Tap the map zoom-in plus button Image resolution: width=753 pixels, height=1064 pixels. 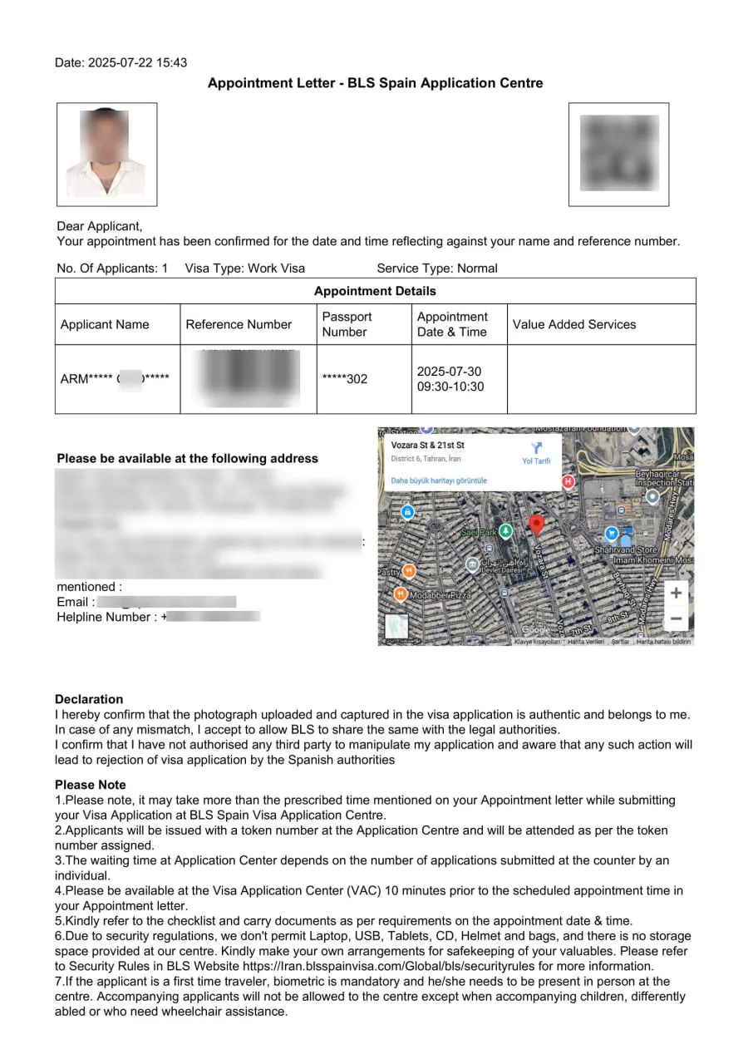pyautogui.click(x=677, y=593)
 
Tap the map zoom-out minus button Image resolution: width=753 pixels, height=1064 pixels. pyautogui.click(x=677, y=618)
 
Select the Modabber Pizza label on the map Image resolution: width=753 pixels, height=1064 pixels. pyautogui.click(x=440, y=595)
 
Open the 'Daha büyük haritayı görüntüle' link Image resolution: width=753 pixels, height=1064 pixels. pyautogui.click(x=439, y=480)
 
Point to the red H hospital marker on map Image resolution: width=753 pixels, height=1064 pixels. pyautogui.click(x=568, y=481)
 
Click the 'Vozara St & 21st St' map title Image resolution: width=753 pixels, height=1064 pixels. pyautogui.click(x=428, y=446)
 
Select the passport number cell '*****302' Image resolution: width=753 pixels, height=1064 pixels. pyautogui.click(x=344, y=379)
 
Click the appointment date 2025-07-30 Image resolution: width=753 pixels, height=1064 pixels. pyautogui.click(x=449, y=372)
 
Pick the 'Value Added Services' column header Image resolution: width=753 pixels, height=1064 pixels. pyautogui.click(x=574, y=324)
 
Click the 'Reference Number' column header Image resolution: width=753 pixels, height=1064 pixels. pyautogui.click(x=239, y=324)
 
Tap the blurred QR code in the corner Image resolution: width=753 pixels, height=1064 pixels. pyautogui.click(x=618, y=154)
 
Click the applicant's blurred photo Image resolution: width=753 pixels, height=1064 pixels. pyautogui.click(x=106, y=154)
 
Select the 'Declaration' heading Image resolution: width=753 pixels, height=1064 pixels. pyautogui.click(x=89, y=699)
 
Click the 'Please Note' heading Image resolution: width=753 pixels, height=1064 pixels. pyautogui.click(x=91, y=785)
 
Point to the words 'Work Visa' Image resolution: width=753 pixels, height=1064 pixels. pyautogui.click(x=277, y=268)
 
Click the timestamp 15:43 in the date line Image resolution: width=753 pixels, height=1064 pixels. pyautogui.click(x=171, y=62)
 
